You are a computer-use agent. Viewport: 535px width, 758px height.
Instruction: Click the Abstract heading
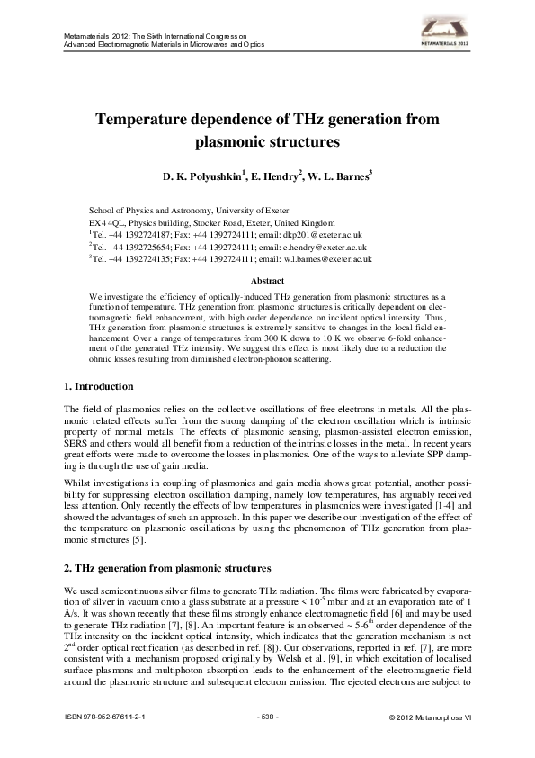[267, 281]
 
